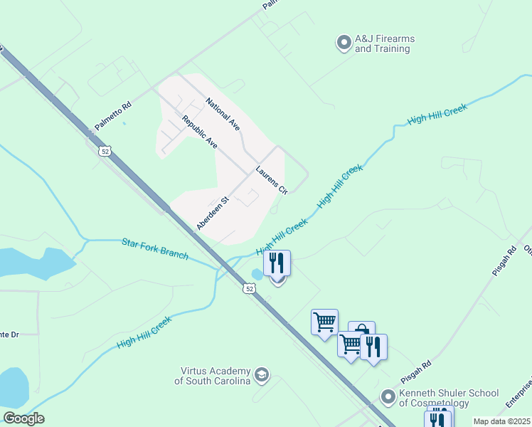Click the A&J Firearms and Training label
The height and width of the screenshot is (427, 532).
(x=385, y=44)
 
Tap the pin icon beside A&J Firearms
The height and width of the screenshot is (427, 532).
(x=344, y=43)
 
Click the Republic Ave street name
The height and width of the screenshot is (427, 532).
(x=199, y=132)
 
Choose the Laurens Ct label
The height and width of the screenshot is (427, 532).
(x=271, y=180)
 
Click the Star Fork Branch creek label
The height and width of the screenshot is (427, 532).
(x=154, y=249)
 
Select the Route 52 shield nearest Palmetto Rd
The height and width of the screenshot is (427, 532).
(x=105, y=151)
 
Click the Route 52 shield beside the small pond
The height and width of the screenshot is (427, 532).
(x=248, y=288)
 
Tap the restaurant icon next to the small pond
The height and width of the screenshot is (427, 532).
(x=277, y=263)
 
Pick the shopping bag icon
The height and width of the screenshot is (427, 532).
(x=361, y=331)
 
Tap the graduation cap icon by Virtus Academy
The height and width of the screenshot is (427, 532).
(x=262, y=375)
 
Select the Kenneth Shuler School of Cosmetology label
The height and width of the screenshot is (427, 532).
(x=448, y=398)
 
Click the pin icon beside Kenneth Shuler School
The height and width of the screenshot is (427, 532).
(x=388, y=396)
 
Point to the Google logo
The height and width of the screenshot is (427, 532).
(x=23, y=418)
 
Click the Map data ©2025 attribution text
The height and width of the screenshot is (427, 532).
(x=501, y=421)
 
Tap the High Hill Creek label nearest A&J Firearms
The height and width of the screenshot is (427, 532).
(x=437, y=114)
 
